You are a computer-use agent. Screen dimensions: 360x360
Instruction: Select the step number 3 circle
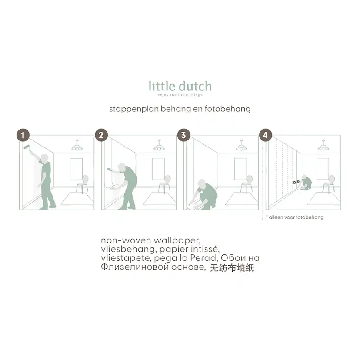pos(183,135)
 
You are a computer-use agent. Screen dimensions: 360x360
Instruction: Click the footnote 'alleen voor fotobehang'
pos(296,217)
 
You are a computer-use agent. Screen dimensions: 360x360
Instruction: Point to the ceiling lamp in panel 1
pos(77,147)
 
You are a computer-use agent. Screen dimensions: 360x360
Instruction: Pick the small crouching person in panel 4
pos(307,183)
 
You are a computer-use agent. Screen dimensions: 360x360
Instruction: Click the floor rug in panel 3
pos(242,199)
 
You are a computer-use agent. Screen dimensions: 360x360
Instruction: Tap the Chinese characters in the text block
pos(232,268)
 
